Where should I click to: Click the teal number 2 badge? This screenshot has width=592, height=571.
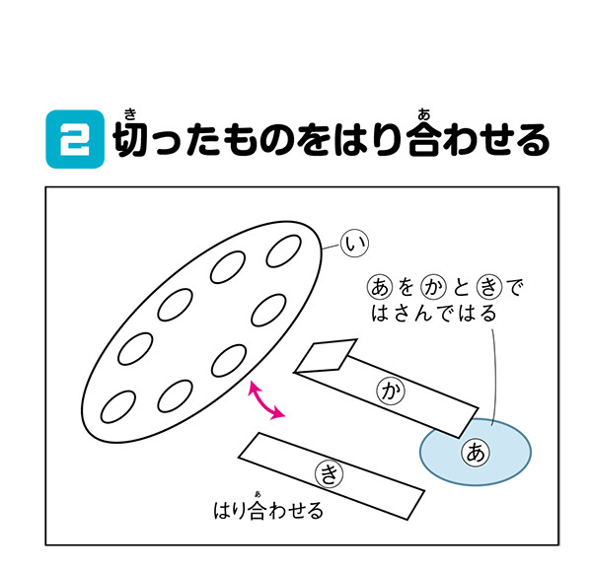point(75,139)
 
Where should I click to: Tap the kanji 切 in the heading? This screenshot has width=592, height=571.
point(130,139)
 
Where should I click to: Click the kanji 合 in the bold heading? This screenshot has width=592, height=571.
point(424,139)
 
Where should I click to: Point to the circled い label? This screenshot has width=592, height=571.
point(354,244)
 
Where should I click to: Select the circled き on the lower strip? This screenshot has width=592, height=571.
point(329,473)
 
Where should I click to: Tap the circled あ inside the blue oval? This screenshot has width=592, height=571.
point(476,453)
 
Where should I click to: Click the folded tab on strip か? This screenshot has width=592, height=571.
point(327,356)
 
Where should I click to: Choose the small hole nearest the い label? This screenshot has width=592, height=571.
point(283,250)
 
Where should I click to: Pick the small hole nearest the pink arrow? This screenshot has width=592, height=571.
point(229,360)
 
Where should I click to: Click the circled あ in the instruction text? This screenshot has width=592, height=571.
point(380,287)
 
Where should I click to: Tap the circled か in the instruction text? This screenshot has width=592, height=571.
point(434,287)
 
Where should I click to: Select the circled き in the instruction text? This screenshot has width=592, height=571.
point(489,287)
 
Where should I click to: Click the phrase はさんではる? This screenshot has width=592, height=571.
point(434,314)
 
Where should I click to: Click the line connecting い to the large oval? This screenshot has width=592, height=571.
point(332,247)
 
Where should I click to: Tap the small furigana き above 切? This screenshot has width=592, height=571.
point(130,113)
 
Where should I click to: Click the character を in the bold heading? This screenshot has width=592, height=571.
point(313,139)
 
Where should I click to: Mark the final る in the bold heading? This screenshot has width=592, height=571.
point(533,139)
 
